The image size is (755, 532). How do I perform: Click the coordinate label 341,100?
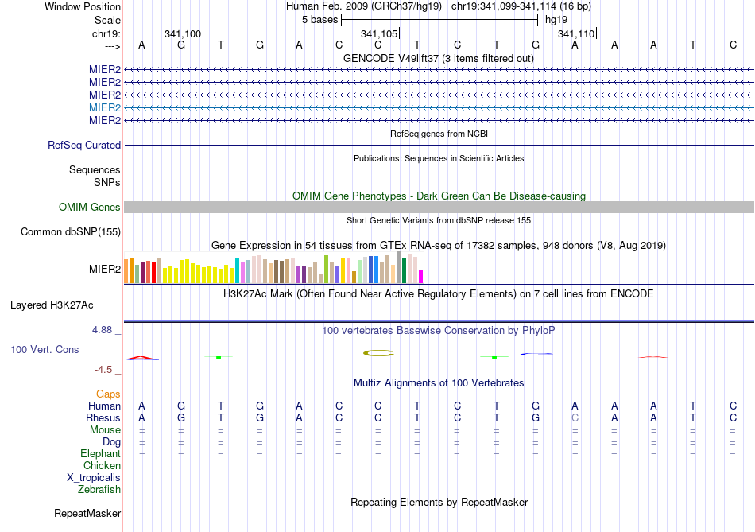pos(183,33)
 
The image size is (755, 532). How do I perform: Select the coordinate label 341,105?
pos(379,33)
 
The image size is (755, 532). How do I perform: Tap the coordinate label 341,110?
pos(575,33)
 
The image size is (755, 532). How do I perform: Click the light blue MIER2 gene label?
pos(105,107)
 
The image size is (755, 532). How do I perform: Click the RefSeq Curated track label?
pos(84,146)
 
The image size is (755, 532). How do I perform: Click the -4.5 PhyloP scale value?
pos(104,370)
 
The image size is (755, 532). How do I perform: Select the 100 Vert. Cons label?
pos(45,350)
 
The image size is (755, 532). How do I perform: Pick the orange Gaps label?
pos(108,394)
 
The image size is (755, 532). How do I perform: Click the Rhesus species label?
pos(103,418)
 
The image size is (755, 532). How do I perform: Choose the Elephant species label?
pos(100,454)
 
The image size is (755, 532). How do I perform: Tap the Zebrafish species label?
pos(99,490)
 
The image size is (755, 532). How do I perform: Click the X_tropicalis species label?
pos(94,478)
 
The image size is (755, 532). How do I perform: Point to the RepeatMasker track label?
pos(87,514)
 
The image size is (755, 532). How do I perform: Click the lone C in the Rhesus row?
pos(575,418)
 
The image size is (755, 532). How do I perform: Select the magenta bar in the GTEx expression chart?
pos(421,276)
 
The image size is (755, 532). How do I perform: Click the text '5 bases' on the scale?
pos(319,19)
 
